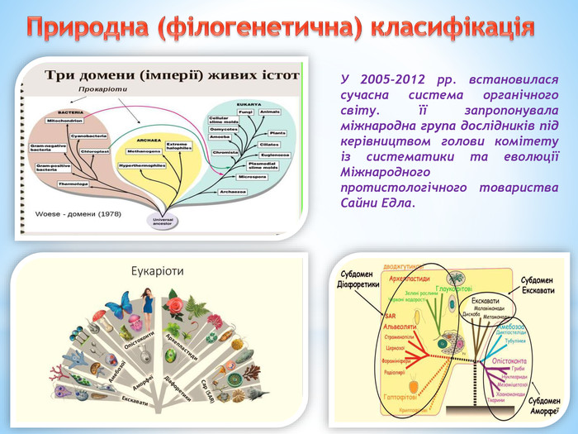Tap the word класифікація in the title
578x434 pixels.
pyautogui.click(x=453, y=27)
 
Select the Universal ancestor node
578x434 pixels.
pyautogui.click(x=162, y=221)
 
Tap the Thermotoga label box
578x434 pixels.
pyautogui.click(x=73, y=184)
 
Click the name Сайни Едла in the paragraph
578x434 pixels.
pyautogui.click(x=373, y=203)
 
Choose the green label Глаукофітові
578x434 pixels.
pyautogui.click(x=453, y=289)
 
